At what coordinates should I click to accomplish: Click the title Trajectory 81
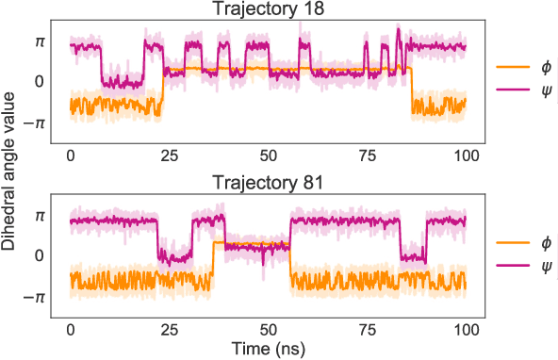coord(269,183)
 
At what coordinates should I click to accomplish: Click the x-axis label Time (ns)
coord(269,350)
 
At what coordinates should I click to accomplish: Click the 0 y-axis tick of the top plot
coord(40,82)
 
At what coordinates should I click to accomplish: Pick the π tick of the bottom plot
coord(39,215)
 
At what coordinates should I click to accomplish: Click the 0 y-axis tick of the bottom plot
coord(40,256)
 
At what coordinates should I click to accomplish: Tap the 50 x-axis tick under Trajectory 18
coord(269,155)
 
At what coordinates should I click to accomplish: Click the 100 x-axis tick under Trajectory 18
coord(466,155)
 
